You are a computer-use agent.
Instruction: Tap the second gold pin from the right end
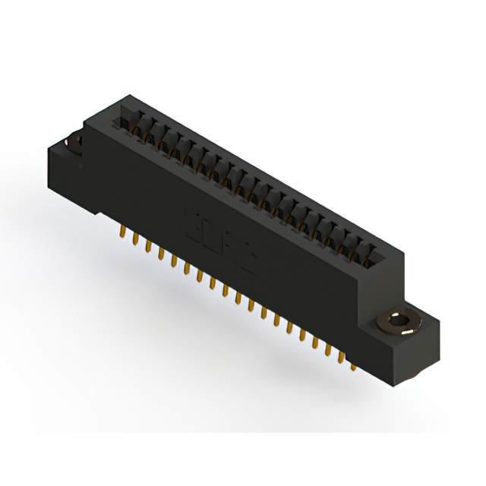[x=341, y=357]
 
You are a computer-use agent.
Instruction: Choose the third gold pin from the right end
[x=328, y=350]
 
